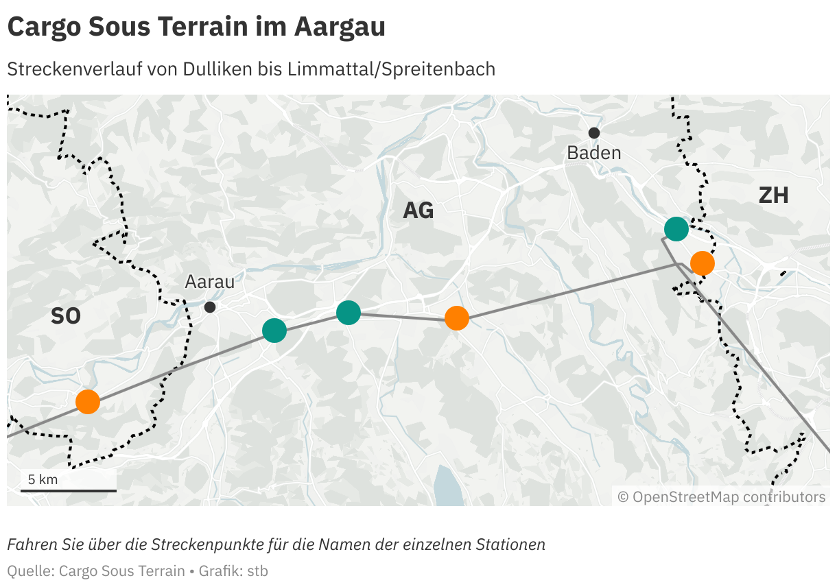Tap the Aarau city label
209,282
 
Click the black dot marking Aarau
210,307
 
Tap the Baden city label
593,153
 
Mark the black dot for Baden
594,132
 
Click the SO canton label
66,316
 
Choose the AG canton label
418,211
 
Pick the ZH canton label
773,196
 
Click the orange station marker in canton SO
88,401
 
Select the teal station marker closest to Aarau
274,331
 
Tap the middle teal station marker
349,313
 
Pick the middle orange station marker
457,318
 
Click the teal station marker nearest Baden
676,229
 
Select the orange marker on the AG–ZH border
702,263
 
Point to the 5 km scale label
43,479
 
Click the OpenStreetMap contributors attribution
722,496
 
